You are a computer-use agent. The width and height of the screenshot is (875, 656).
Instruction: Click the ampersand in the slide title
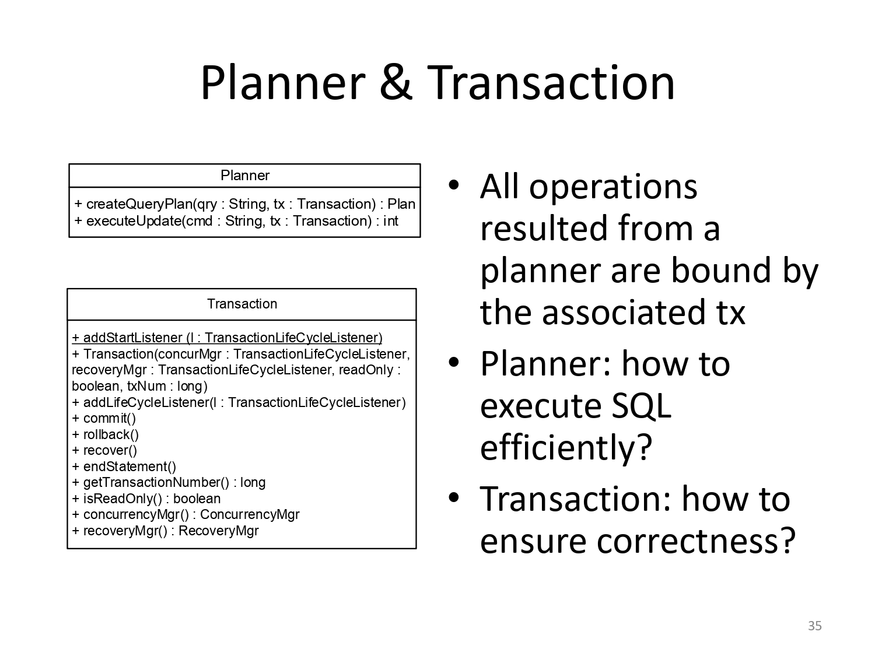[x=395, y=83]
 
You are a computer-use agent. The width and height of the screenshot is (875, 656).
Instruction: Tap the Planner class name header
[x=245, y=176]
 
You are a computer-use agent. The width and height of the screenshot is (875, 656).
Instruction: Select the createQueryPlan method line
[x=245, y=204]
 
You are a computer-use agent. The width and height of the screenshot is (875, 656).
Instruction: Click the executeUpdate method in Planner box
[x=236, y=220]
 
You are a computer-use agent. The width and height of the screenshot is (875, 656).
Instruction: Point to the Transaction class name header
[x=242, y=304]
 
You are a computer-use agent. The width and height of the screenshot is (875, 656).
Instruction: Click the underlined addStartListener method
[x=227, y=338]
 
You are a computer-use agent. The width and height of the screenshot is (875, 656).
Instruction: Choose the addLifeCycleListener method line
[x=239, y=402]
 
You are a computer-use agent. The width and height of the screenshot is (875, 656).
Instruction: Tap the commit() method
[x=104, y=418]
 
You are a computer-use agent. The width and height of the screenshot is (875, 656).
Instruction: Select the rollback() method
[x=105, y=434]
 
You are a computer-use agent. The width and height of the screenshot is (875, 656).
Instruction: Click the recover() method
[x=104, y=451]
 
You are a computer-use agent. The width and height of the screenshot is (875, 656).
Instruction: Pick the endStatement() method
[x=124, y=466]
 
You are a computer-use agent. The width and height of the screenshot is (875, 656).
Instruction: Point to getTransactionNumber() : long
[x=168, y=483]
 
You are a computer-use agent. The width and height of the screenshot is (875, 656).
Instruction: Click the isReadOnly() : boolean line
[x=146, y=499]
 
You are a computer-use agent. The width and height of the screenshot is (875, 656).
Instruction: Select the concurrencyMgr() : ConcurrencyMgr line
[x=185, y=515]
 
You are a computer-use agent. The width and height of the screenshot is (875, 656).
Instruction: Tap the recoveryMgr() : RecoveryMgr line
[x=165, y=531]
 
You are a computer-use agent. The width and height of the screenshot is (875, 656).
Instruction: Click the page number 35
[x=815, y=626]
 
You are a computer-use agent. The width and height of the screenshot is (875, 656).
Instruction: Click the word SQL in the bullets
[x=642, y=406]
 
